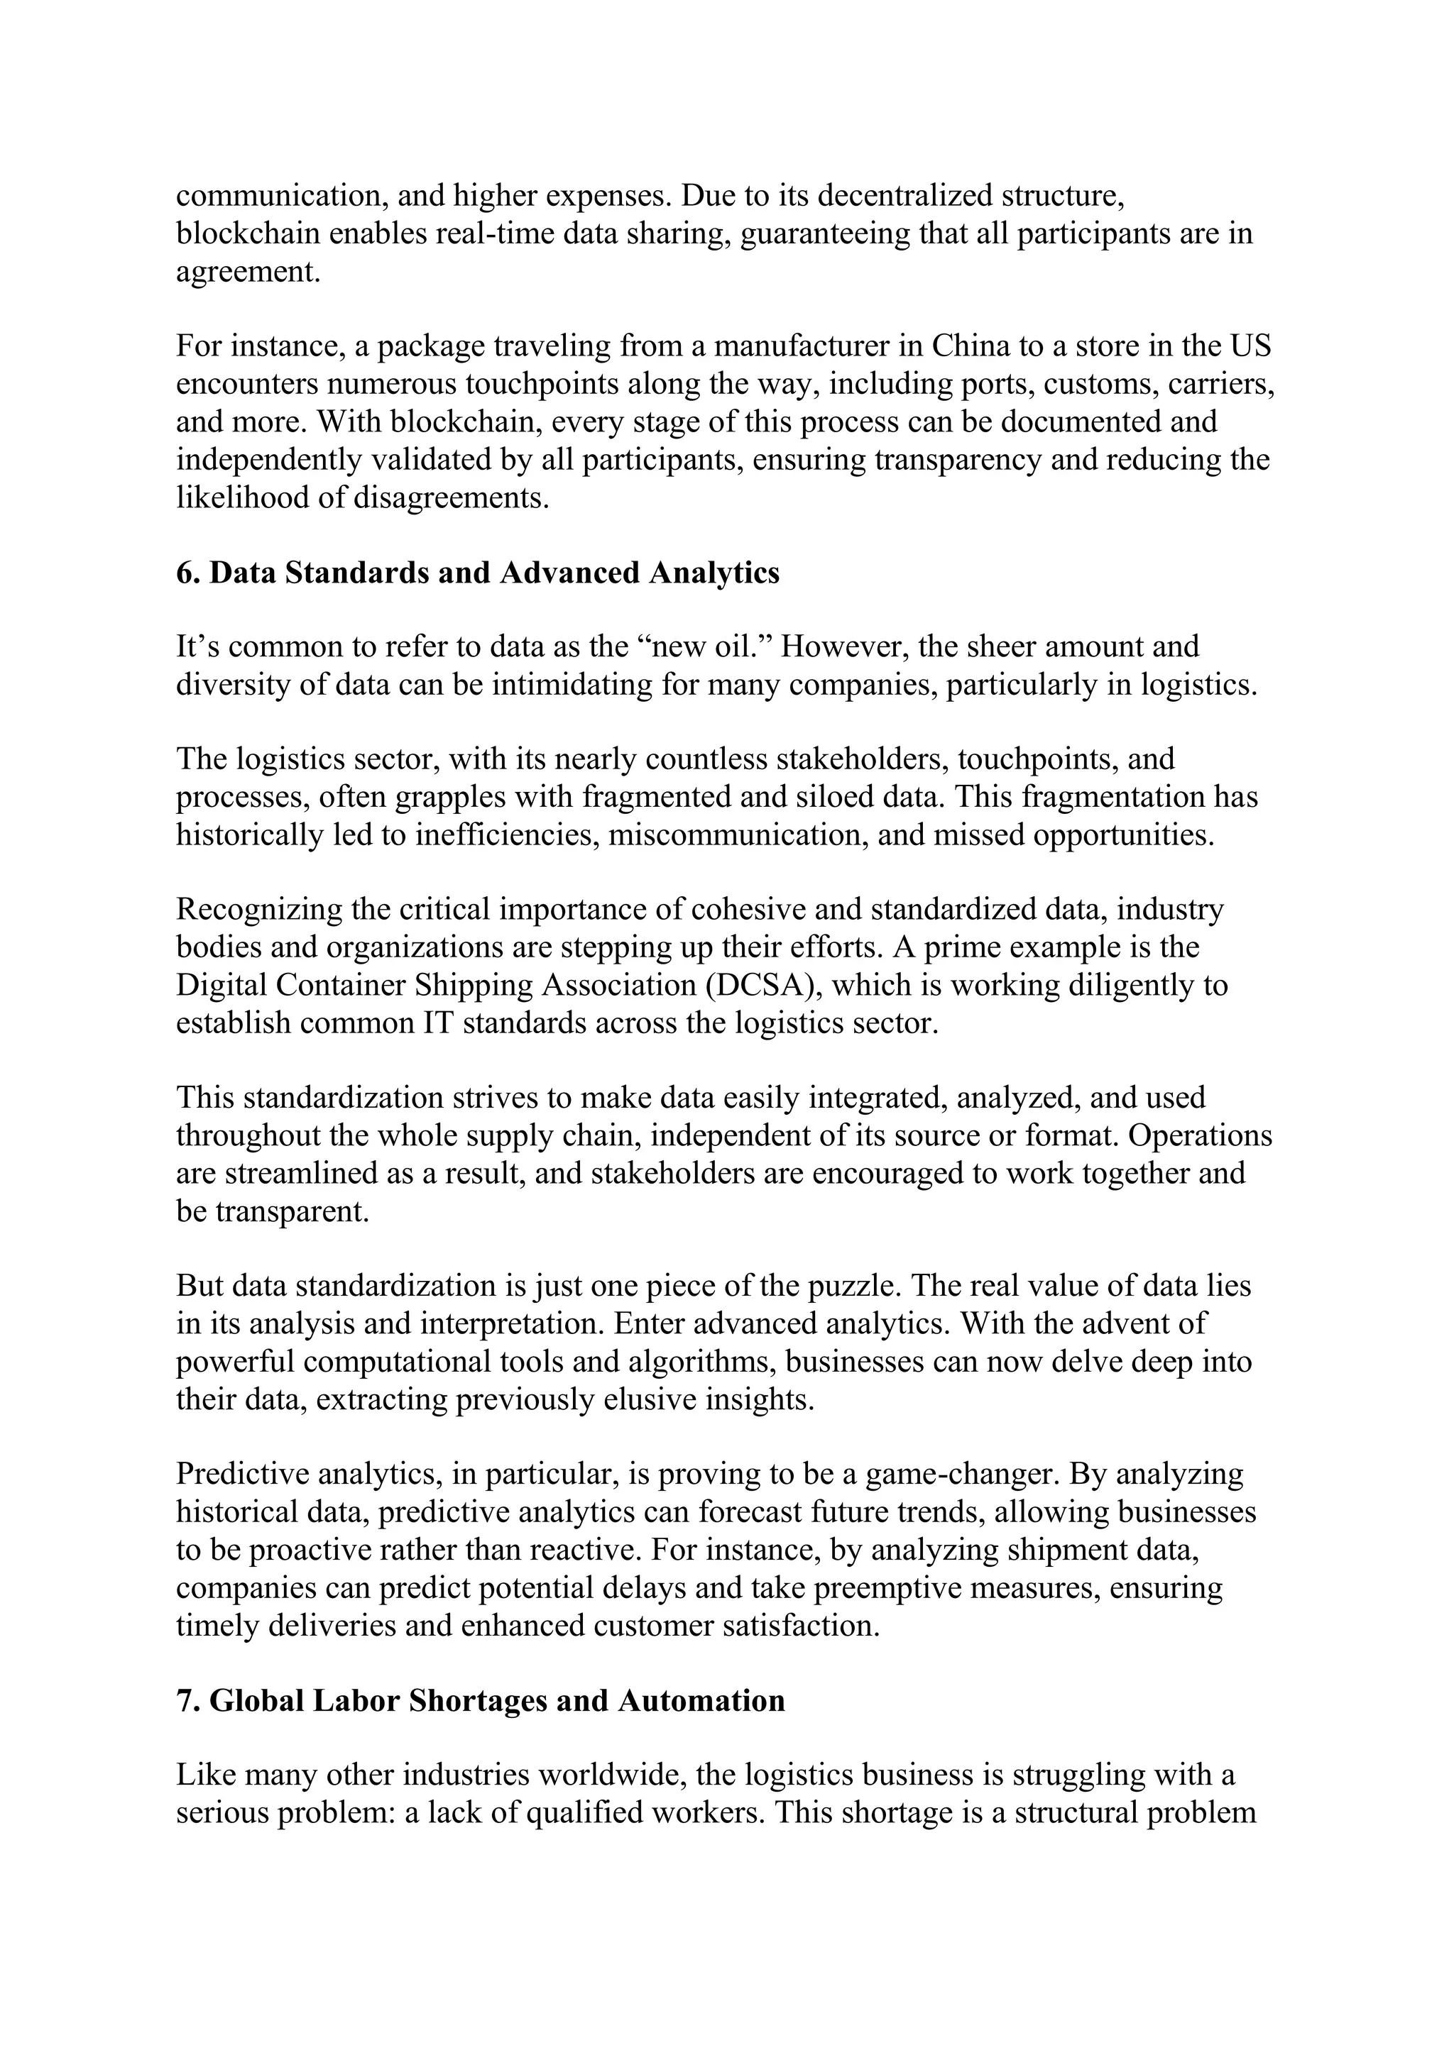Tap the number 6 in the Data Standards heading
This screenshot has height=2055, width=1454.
click(185, 573)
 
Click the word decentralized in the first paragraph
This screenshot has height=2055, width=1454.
click(905, 195)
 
